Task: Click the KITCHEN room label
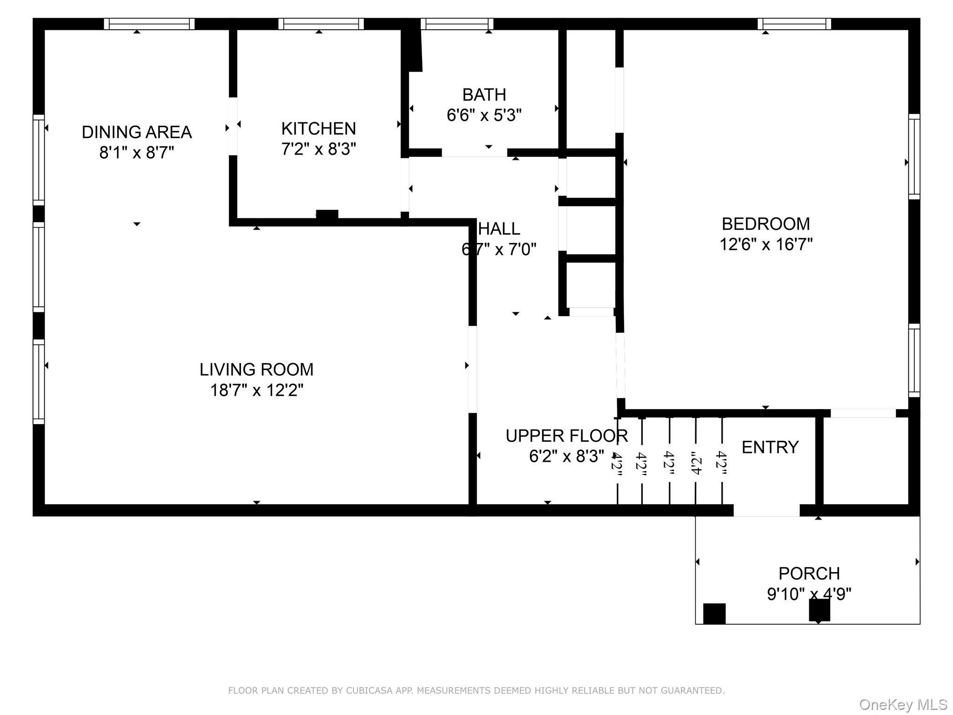tap(318, 128)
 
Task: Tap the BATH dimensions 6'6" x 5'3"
tap(484, 115)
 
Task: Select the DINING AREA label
tap(136, 132)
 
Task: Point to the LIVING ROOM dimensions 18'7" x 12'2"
tap(256, 390)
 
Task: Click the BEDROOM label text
tap(765, 224)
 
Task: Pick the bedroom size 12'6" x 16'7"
tap(765, 244)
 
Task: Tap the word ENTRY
tap(770, 447)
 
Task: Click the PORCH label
tap(809, 573)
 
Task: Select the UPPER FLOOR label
tap(566, 436)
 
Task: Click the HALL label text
tap(499, 229)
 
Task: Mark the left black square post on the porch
tap(714, 614)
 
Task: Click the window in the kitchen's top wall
tap(321, 24)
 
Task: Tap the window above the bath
tap(456, 24)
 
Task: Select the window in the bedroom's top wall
tap(794, 24)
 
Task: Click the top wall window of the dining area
tap(149, 24)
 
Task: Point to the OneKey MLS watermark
tap(903, 705)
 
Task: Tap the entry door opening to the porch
tap(766, 510)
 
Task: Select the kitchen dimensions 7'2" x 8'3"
tap(318, 149)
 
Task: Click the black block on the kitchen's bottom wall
tap(327, 215)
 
